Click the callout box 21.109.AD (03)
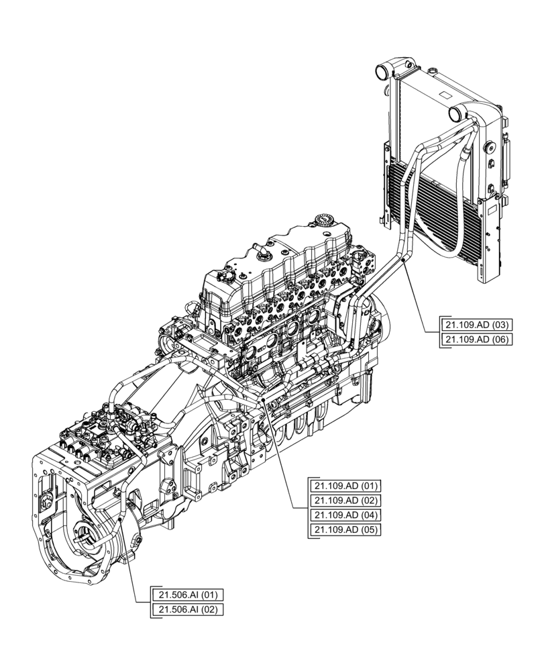(x=477, y=325)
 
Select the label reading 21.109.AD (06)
(x=477, y=340)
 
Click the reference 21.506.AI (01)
(x=188, y=595)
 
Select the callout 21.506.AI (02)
(x=188, y=609)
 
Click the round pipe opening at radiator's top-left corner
(x=383, y=69)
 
